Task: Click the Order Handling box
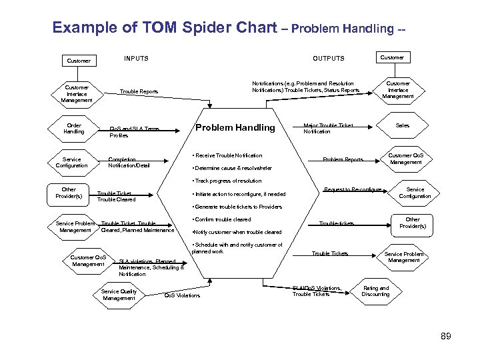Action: coord(74,129)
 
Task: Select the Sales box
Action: coord(403,125)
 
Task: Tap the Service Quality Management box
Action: coord(119,295)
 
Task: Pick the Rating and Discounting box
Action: coord(375,291)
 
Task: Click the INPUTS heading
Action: coord(136,59)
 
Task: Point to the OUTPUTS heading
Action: coord(329,59)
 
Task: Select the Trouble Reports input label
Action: coord(139,91)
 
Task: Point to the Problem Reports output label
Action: coord(343,160)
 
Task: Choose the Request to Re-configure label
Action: coord(352,190)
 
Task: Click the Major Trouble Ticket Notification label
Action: coord(328,128)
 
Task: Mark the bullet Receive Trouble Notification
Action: coord(227,155)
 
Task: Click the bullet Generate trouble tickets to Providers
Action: coord(237,207)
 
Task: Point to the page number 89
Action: coord(446,337)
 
